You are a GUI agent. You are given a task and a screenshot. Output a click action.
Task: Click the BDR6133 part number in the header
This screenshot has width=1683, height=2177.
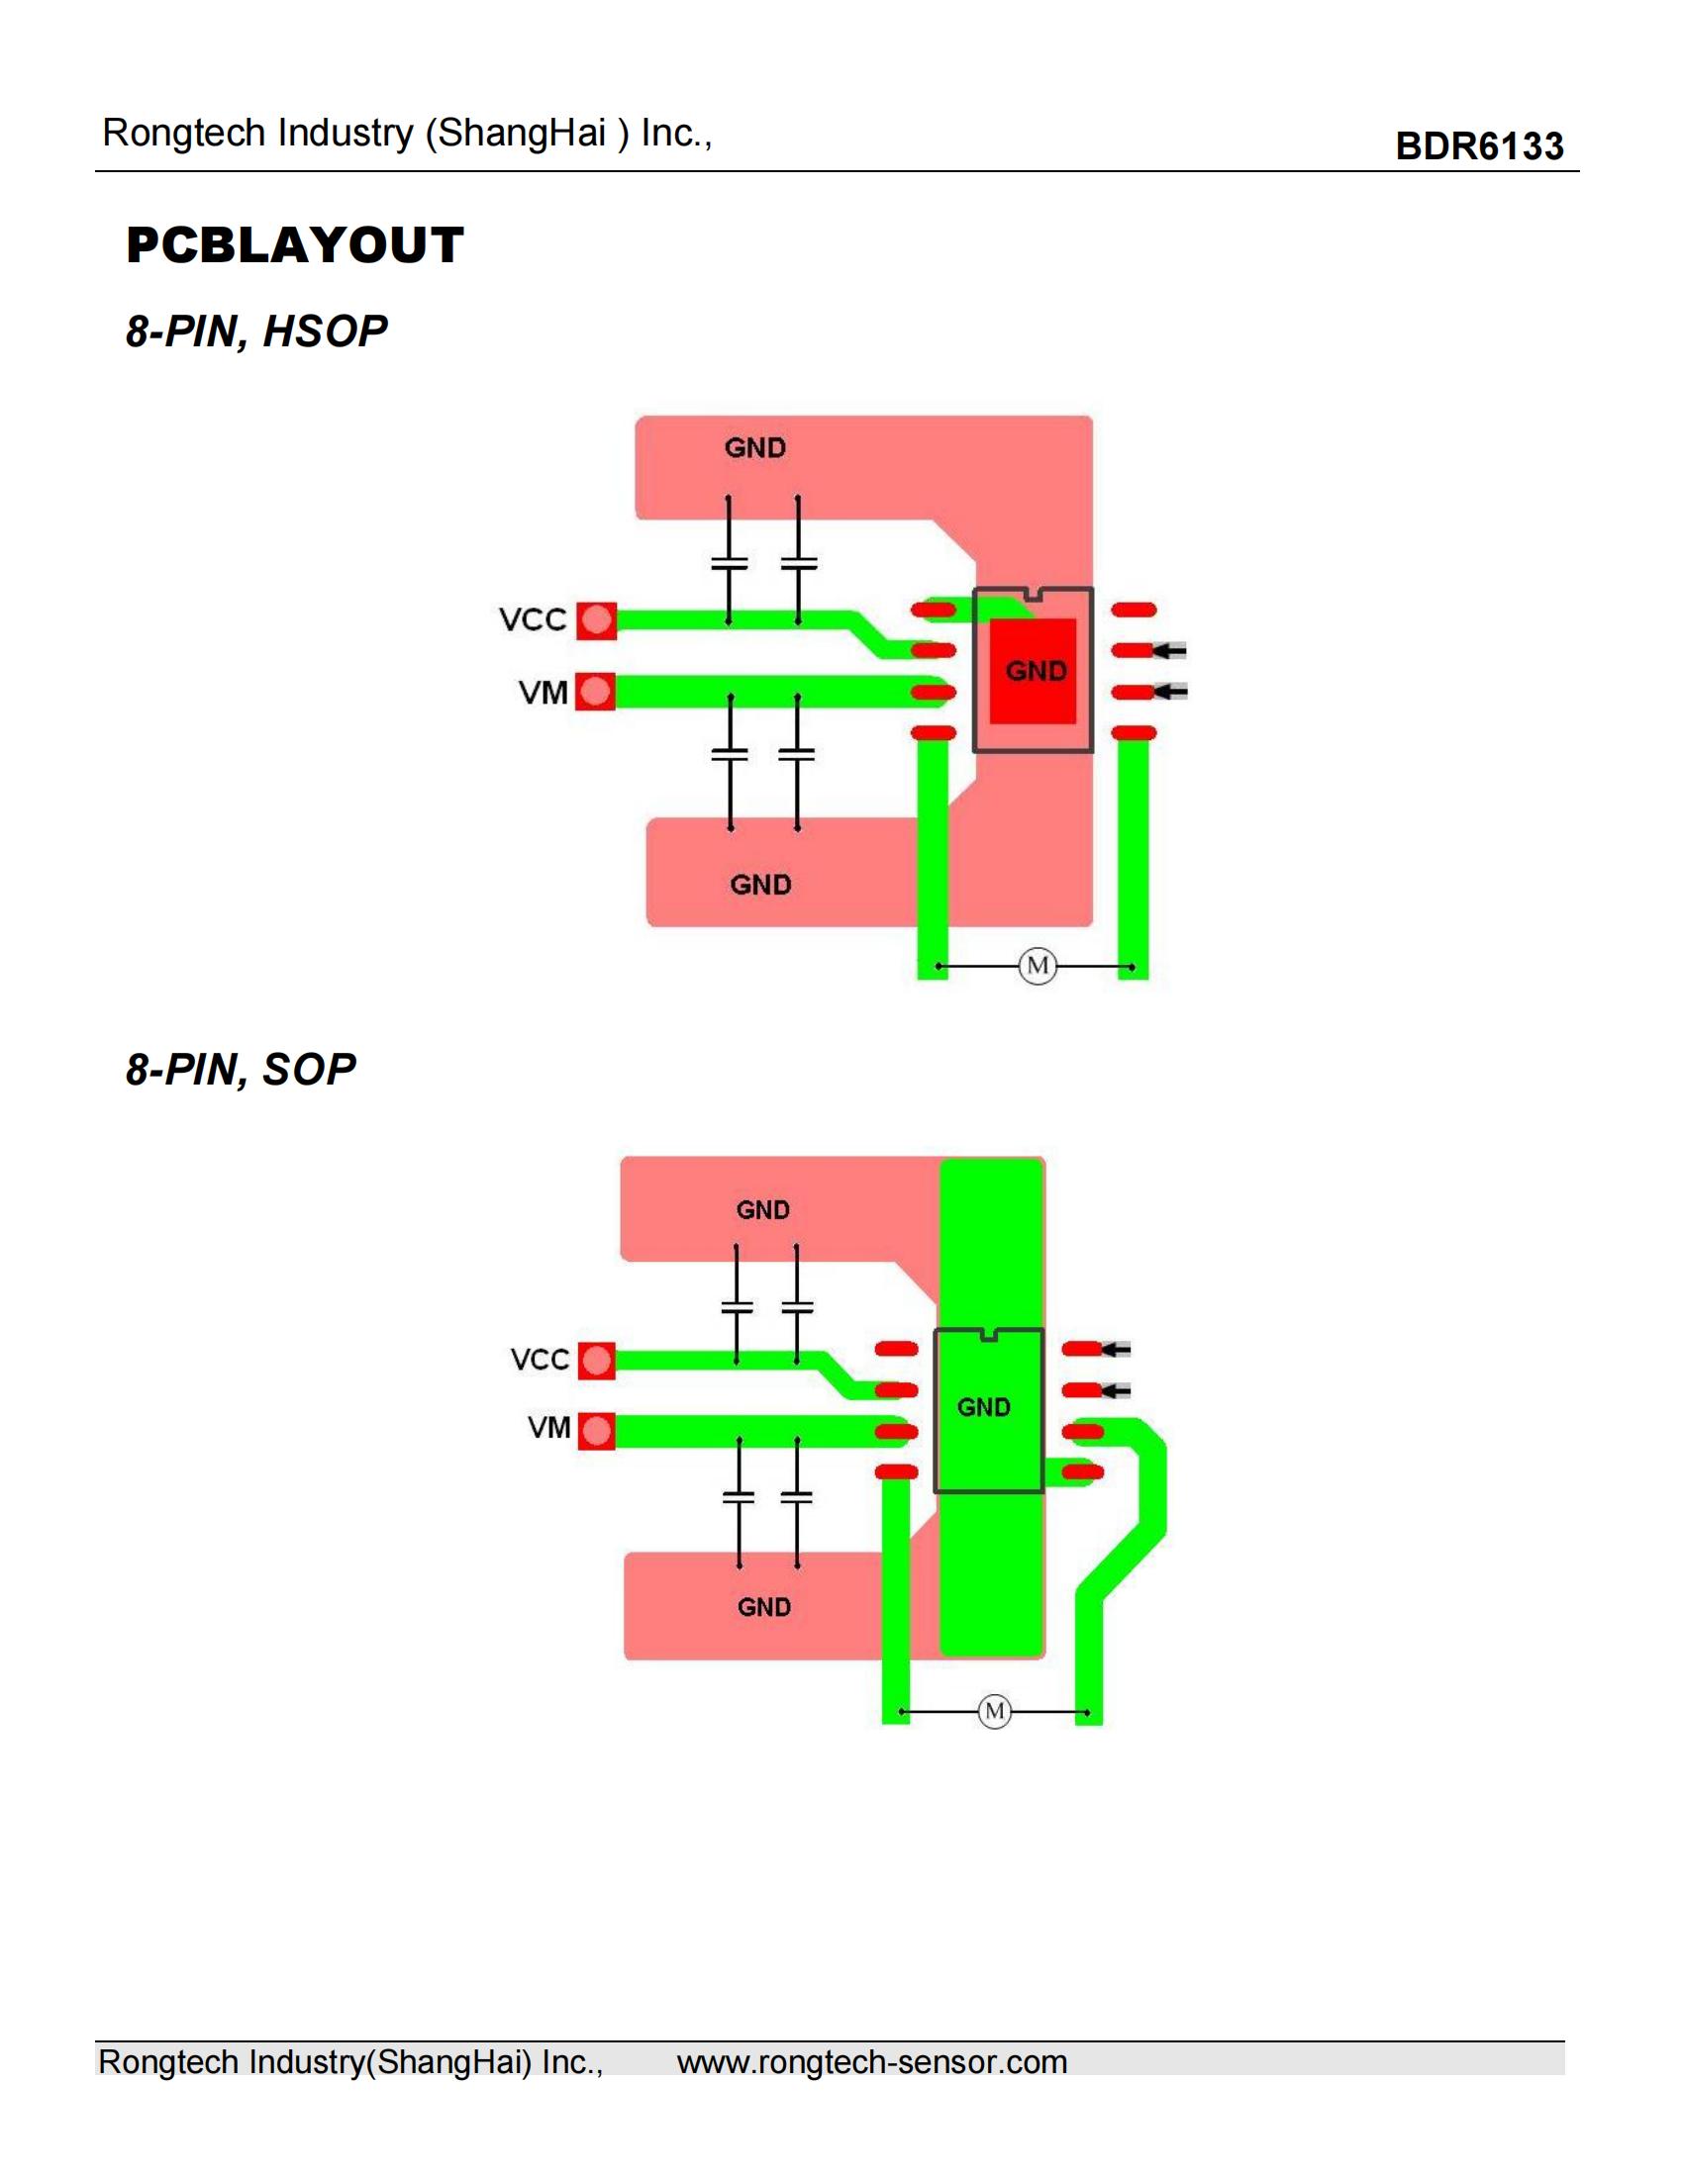click(x=1479, y=146)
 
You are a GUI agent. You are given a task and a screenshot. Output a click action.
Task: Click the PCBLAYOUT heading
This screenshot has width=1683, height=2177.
click(x=295, y=245)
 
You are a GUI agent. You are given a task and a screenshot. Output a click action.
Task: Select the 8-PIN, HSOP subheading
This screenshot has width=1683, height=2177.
click(x=256, y=331)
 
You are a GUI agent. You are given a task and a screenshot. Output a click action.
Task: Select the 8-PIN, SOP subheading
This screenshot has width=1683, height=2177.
click(x=241, y=1069)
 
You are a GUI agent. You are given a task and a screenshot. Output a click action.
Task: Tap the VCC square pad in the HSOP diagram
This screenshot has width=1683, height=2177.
click(x=596, y=621)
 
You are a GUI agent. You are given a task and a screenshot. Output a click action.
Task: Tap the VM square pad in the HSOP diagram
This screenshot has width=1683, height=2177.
click(x=596, y=692)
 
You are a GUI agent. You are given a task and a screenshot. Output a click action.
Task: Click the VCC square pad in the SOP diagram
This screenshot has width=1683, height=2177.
click(x=596, y=1361)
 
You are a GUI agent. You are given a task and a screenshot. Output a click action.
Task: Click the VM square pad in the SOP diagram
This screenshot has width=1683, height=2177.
click(x=596, y=1432)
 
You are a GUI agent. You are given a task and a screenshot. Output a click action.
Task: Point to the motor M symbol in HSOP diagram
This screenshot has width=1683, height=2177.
click(x=1037, y=965)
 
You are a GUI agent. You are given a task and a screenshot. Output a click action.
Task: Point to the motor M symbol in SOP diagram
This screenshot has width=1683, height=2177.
click(x=994, y=1712)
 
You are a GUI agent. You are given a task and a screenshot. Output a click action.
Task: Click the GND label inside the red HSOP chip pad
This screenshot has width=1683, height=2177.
click(x=1036, y=671)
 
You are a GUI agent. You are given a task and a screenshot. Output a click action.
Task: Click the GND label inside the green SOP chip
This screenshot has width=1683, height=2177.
click(x=984, y=1407)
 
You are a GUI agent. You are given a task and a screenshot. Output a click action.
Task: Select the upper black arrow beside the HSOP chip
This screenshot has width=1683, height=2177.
click(x=1169, y=651)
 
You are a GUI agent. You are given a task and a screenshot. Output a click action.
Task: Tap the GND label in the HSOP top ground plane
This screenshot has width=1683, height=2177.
click(x=754, y=447)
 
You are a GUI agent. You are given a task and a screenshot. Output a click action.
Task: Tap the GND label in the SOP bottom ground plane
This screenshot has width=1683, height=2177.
click(x=763, y=1607)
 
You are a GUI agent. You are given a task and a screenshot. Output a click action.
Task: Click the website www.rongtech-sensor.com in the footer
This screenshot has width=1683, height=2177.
click(x=871, y=2061)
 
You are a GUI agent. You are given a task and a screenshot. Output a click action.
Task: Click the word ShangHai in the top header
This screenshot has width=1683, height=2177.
click(x=522, y=133)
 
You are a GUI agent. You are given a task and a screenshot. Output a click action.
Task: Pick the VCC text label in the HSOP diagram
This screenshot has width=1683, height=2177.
click(x=533, y=620)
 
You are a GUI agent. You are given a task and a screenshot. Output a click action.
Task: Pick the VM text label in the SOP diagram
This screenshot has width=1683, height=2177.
click(x=548, y=1427)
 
